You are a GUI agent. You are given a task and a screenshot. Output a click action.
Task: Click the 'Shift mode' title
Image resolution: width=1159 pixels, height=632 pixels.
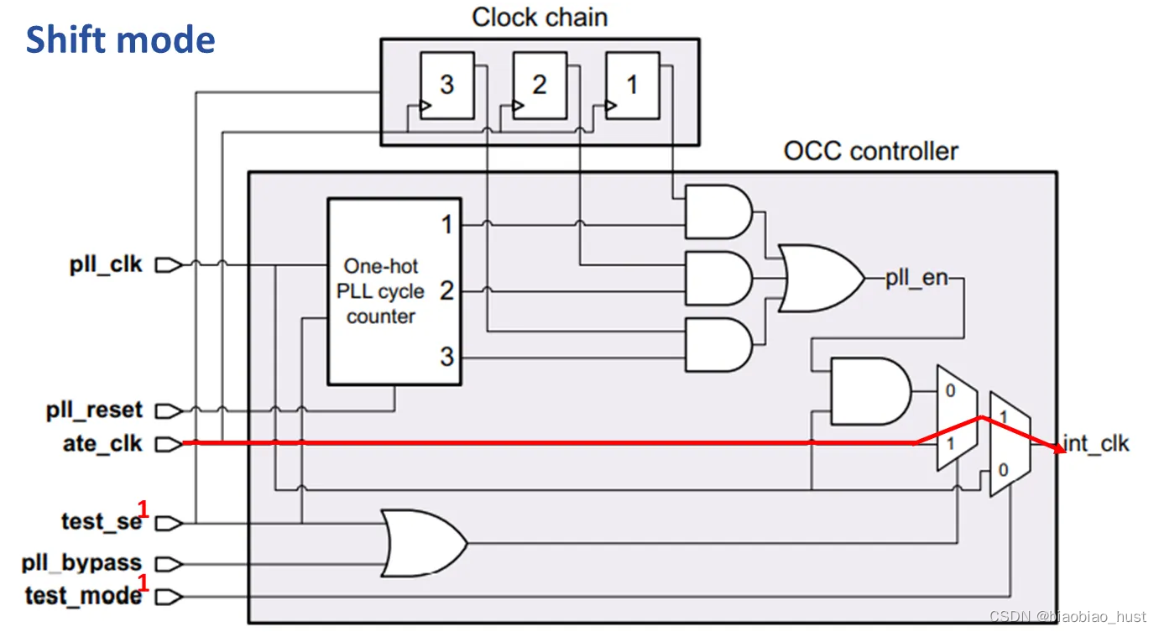[x=120, y=40]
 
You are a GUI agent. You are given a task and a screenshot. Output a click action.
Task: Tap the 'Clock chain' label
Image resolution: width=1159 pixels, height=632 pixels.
[x=539, y=18]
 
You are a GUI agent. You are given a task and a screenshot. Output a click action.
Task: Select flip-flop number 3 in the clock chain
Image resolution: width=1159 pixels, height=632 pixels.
[x=446, y=86]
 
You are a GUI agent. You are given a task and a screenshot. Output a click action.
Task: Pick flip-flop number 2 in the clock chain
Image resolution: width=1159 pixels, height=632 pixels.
[x=539, y=86]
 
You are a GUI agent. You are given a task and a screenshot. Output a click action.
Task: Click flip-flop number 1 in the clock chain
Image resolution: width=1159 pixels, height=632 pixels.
[x=632, y=86]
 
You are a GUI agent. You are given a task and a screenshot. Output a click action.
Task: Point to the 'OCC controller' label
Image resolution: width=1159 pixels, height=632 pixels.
[x=870, y=151]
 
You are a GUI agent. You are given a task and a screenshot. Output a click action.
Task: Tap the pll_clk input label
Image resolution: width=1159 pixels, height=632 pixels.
[x=107, y=265]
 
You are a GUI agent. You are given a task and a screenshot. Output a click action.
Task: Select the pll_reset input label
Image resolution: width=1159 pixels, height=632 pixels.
[x=95, y=410]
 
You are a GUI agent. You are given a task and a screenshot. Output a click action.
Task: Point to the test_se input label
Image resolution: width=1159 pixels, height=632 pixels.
[x=102, y=522]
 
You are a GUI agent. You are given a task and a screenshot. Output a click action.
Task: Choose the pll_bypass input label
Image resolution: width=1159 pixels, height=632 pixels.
[x=83, y=562]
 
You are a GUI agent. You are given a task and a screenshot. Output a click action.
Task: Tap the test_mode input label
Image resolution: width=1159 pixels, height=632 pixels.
[x=83, y=595]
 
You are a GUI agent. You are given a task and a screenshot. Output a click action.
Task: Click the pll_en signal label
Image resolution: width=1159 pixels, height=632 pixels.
[x=916, y=278]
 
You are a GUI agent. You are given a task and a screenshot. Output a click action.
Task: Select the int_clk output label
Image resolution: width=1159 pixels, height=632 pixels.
[x=1096, y=443]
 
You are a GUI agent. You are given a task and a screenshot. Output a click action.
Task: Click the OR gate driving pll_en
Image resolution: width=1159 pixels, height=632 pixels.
[x=819, y=278]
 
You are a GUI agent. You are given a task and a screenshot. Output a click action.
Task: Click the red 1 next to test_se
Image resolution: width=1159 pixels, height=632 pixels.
[x=143, y=509]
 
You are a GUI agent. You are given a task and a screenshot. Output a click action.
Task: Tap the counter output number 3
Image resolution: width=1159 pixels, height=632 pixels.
[x=446, y=356]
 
